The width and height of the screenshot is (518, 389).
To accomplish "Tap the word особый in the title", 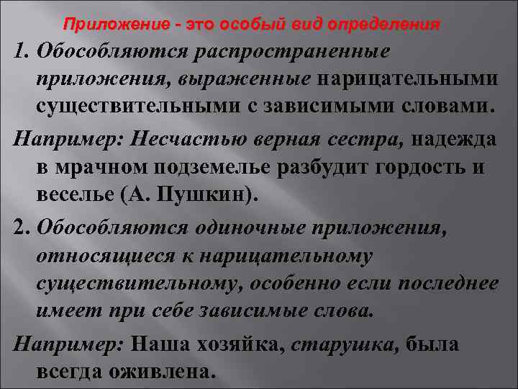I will click(253, 25).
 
